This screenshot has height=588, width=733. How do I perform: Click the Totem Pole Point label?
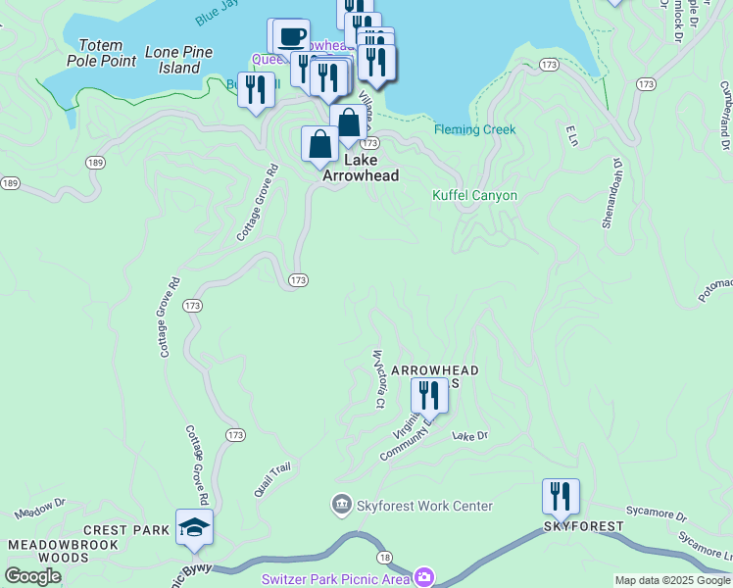[101, 53]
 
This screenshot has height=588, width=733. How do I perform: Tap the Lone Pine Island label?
[185, 60]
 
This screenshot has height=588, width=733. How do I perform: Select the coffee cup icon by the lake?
[290, 37]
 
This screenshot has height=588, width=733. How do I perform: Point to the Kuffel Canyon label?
[474, 195]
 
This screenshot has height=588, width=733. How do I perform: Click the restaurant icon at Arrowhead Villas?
[429, 395]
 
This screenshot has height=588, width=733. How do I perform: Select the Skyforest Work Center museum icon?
[342, 506]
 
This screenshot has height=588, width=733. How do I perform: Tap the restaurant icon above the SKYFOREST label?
[561, 496]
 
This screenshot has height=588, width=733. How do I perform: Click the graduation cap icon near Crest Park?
[195, 527]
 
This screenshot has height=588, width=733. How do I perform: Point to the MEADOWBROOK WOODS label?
[64, 551]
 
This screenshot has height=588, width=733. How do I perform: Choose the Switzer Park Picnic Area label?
[335, 578]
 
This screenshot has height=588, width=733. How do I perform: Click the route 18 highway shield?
[386, 557]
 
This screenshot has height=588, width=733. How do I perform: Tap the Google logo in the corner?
[32, 576]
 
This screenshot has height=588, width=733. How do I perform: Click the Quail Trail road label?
[272, 480]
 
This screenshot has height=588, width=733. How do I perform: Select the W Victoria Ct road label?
[377, 379]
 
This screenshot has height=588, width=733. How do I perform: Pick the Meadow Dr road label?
[39, 508]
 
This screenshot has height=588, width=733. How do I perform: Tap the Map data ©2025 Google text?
[672, 580]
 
